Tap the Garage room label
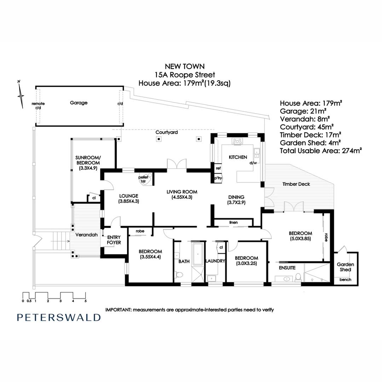point(79,103)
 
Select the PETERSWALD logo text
point(59,317)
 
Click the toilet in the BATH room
point(179,274)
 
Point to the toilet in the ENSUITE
point(298,276)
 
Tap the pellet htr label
point(143,179)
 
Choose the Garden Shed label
point(345,267)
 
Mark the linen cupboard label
point(233,222)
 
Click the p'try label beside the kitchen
point(218,178)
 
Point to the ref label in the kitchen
point(218,168)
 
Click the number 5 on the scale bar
point(85,301)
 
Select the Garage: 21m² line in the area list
point(303,111)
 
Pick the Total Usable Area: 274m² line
point(320,151)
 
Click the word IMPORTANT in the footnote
point(118,309)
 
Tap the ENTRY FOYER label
point(114,240)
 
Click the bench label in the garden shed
point(345,280)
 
